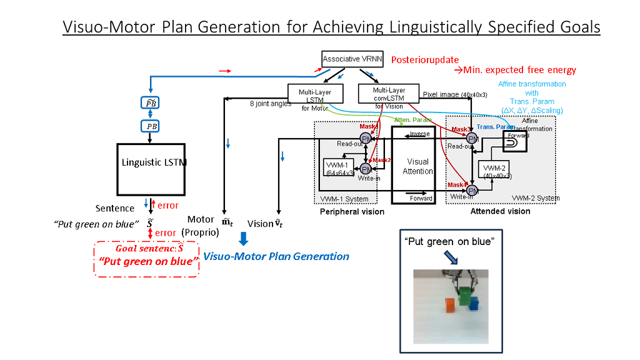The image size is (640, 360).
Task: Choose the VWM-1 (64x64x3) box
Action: point(339,167)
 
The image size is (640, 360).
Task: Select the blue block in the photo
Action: point(474,304)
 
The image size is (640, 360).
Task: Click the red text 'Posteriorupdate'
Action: point(425,60)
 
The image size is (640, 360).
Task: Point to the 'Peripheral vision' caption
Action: point(352,212)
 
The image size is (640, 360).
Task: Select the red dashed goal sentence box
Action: point(146,259)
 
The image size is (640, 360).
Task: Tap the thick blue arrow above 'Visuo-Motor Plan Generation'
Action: point(243,238)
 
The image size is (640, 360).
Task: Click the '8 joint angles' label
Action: point(270,104)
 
